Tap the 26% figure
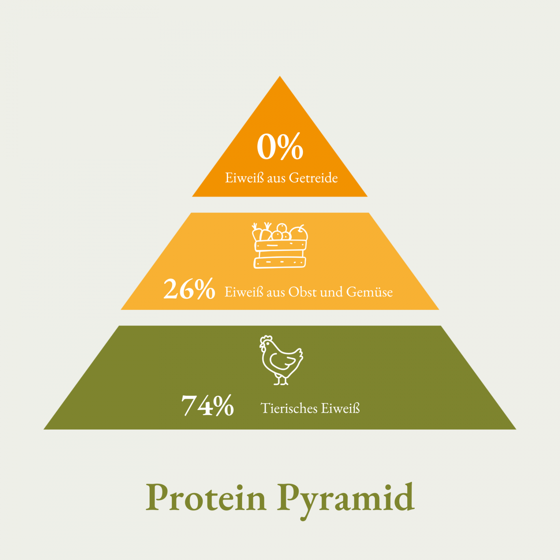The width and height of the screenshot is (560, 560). click(189, 289)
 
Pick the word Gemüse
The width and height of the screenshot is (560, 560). click(370, 292)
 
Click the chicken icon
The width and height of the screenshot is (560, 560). click(281, 360)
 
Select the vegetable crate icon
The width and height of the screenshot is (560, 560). click(280, 245)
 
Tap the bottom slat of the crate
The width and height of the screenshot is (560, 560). click(280, 262)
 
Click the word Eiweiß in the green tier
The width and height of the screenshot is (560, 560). click(340, 408)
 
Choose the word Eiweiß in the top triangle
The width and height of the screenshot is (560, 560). click(244, 178)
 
